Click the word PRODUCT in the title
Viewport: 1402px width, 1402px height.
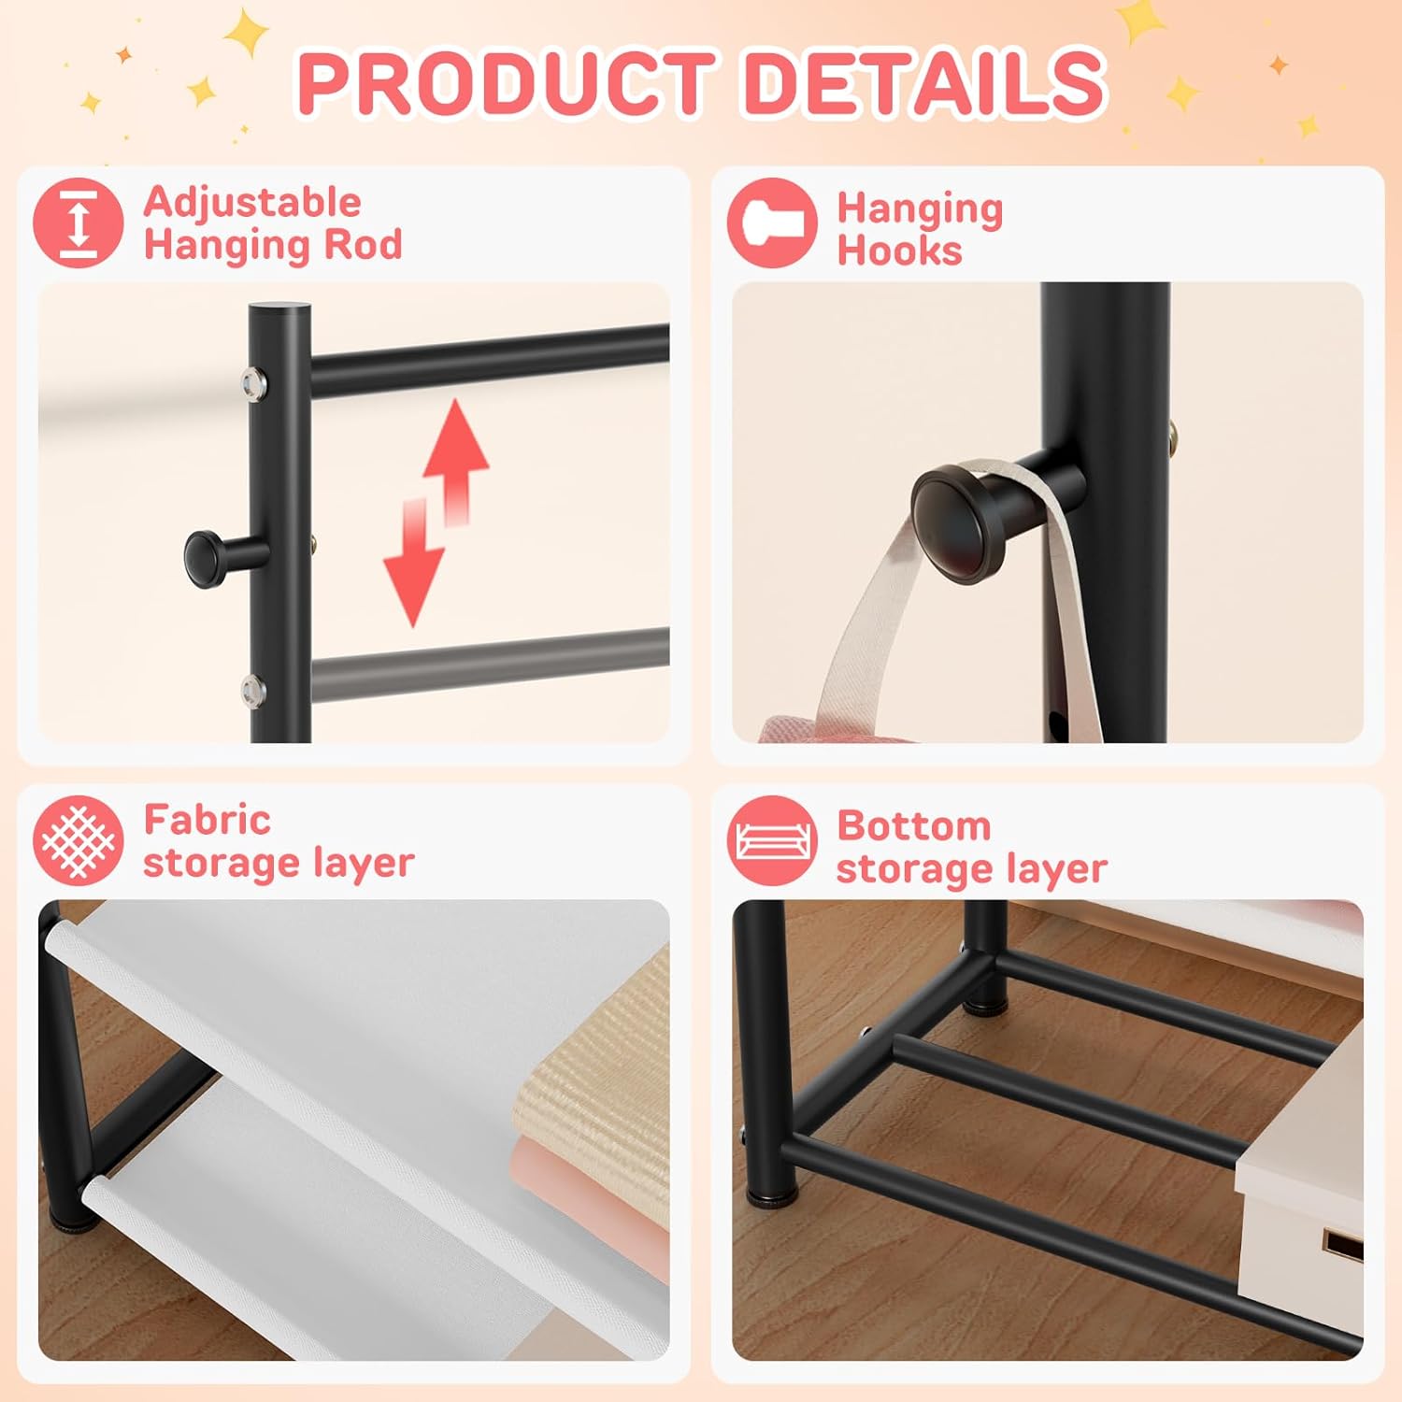click(x=505, y=82)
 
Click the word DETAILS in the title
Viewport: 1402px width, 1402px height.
click(x=925, y=82)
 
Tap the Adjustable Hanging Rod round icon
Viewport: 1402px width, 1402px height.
click(x=79, y=223)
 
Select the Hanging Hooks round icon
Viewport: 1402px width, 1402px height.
click(x=772, y=223)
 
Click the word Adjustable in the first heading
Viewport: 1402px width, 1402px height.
click(x=252, y=202)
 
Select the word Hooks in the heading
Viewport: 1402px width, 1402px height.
click(x=899, y=250)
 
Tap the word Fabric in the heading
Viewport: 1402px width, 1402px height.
click(x=207, y=820)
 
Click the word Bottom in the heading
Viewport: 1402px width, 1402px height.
click(x=913, y=825)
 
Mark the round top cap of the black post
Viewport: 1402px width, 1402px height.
click(x=279, y=309)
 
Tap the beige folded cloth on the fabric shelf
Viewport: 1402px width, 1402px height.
click(x=598, y=1075)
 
